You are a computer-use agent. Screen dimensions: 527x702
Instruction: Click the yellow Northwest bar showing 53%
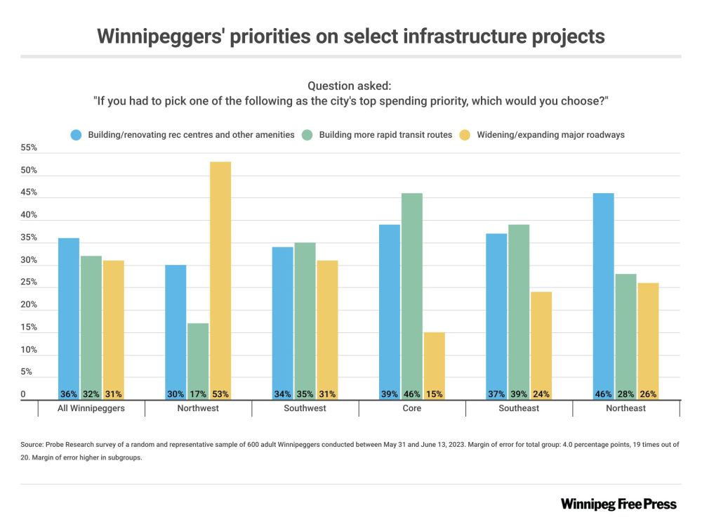(220, 281)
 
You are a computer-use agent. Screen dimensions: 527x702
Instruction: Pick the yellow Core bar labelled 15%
(435, 366)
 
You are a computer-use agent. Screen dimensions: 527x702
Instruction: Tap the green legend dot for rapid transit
(307, 134)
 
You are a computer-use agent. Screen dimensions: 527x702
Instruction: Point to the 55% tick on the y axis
(29, 148)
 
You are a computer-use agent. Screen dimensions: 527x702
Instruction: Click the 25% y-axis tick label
(29, 282)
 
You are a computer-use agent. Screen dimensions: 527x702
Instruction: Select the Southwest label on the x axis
(305, 408)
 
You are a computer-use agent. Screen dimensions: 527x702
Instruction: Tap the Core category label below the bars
(412, 408)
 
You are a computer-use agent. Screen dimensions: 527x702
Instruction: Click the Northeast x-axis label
(626, 408)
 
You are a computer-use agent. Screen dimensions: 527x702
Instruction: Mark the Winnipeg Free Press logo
(618, 504)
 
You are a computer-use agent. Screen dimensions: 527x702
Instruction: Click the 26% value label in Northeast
(648, 394)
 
